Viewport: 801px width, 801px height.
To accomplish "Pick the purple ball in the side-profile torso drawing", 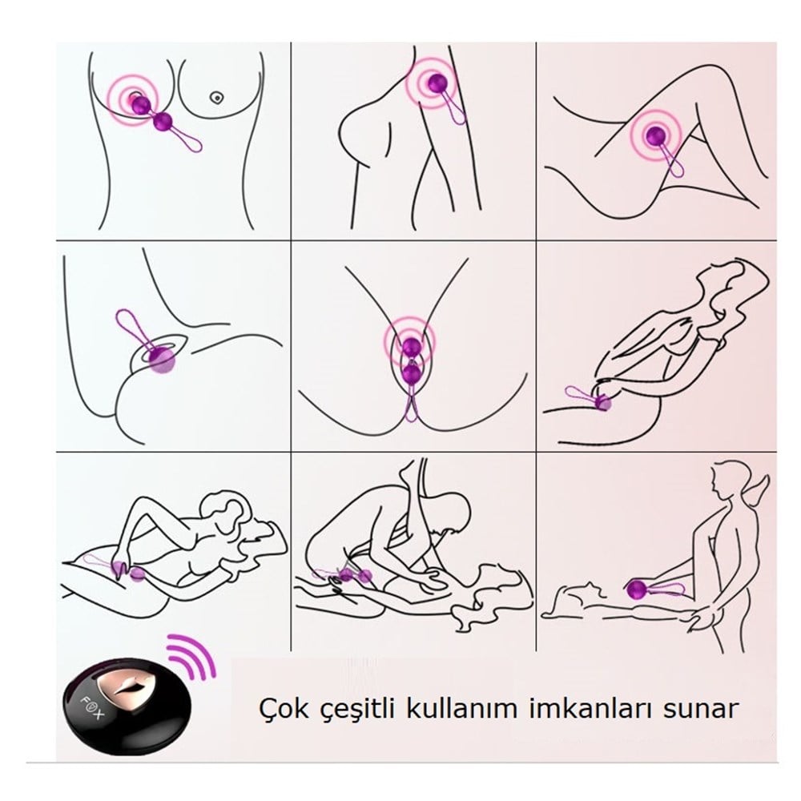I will tap(436, 83).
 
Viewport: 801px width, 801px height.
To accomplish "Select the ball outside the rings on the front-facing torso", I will tap(164, 122).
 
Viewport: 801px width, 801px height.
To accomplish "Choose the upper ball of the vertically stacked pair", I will tap(411, 347).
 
